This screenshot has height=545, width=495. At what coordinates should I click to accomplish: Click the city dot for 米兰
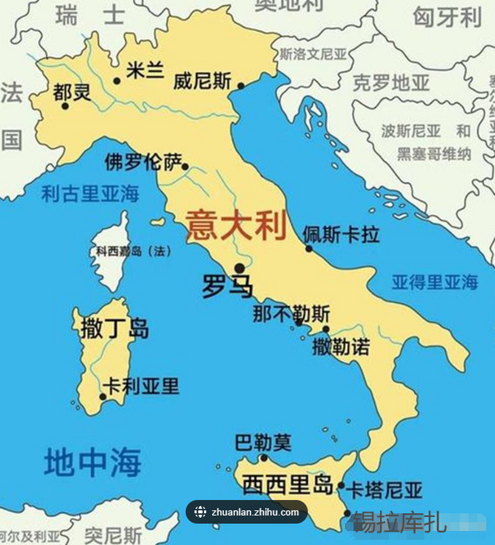[x=117, y=81]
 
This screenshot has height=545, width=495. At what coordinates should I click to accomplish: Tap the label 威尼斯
[x=202, y=81]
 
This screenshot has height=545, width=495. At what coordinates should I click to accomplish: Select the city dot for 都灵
[x=65, y=106]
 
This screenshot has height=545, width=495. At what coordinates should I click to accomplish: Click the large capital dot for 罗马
[x=240, y=268]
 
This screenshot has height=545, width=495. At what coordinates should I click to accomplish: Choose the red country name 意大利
[x=236, y=225]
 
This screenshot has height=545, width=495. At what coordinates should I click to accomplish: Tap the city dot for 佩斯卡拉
[x=309, y=249]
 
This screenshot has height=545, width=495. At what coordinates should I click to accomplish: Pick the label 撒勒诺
[x=341, y=347]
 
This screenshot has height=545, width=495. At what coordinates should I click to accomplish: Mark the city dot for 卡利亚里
[x=102, y=397]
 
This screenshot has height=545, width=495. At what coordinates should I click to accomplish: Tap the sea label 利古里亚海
[x=90, y=194]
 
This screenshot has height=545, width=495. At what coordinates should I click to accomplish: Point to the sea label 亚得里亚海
[x=435, y=282]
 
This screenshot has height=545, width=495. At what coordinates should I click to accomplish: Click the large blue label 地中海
[x=93, y=462]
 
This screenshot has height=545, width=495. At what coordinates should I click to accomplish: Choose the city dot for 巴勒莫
[x=264, y=458]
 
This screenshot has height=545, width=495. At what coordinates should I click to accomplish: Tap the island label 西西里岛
[x=287, y=485]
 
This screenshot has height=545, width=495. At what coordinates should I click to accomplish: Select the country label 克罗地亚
[x=391, y=83]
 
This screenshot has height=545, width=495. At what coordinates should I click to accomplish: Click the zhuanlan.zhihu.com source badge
[x=247, y=512]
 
